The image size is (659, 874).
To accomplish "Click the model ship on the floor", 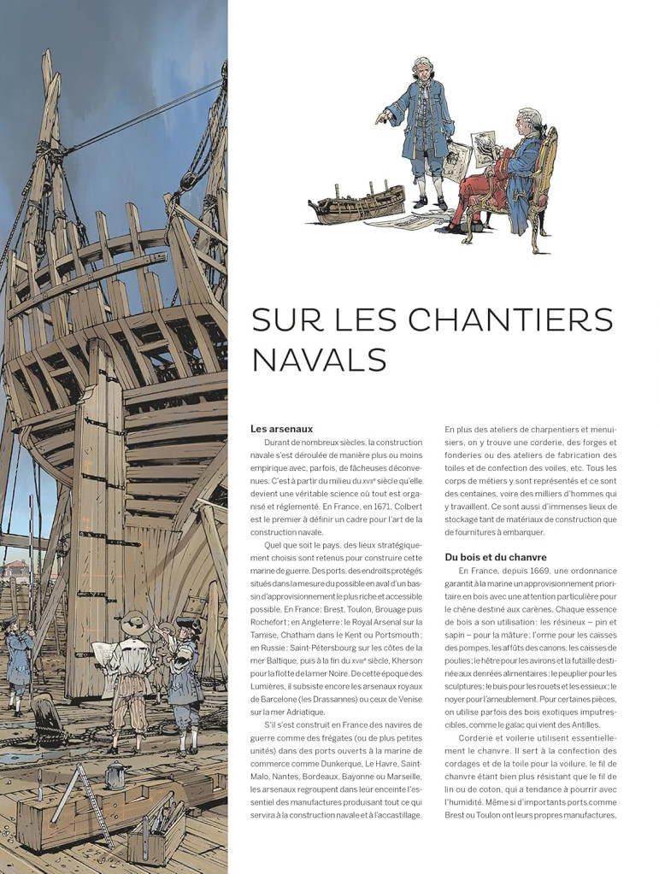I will pos(356,204).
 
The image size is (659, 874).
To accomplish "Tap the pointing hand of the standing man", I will pos(380,119).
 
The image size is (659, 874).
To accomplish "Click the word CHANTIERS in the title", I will pos(510,320).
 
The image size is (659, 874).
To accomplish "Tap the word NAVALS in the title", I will pos(319,359).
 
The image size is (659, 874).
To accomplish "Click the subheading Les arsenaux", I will pos(281,429).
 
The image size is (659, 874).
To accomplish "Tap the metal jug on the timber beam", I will pos(115,774).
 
